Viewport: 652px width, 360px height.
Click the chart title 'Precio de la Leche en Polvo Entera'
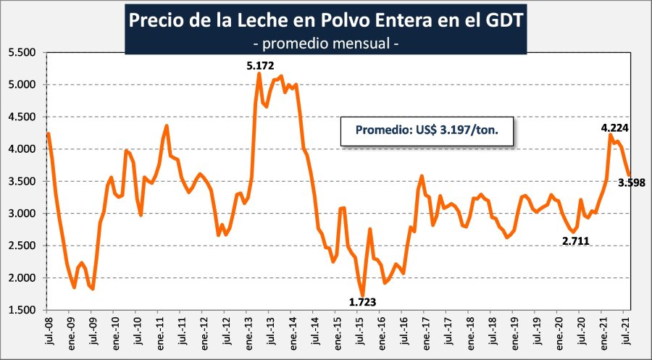pos(326,20)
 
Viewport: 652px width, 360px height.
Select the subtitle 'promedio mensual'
pos(326,43)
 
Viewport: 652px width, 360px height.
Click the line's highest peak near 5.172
pos(259,74)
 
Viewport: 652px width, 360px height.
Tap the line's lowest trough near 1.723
pos(362,294)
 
